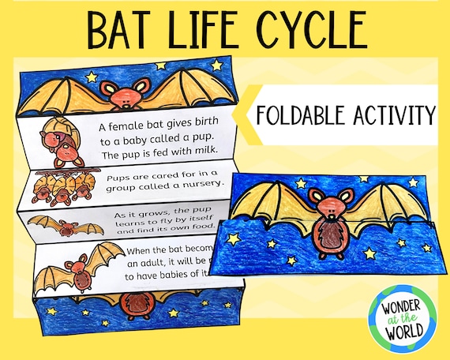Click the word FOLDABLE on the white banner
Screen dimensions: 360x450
(x=300, y=115)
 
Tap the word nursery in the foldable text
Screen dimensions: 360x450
(x=202, y=186)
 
